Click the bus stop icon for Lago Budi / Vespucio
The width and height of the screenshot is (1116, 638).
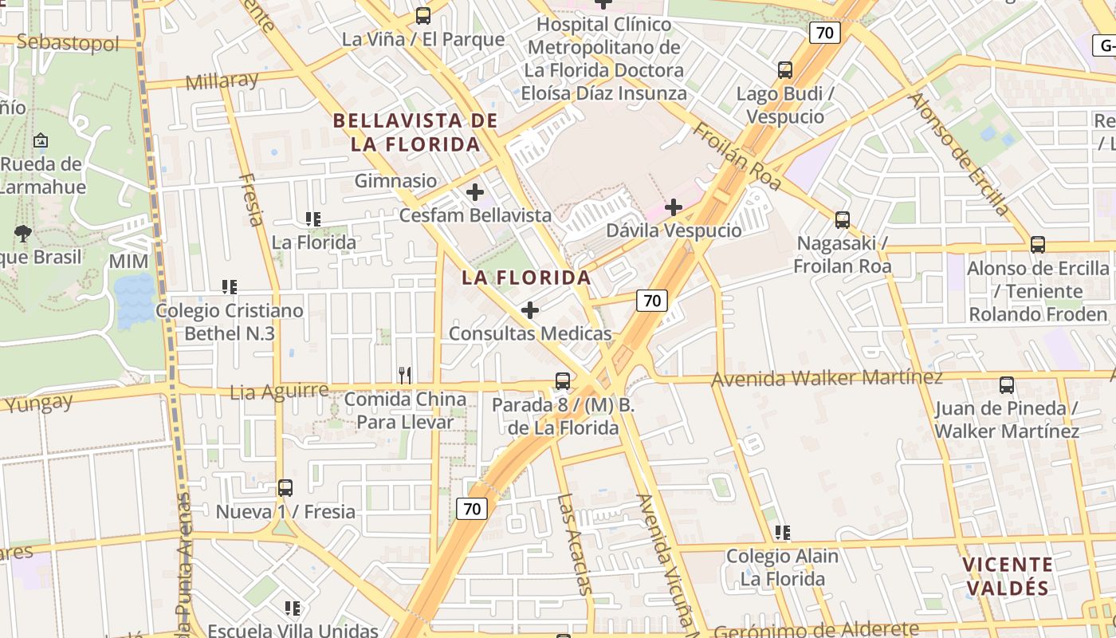pos(785,70)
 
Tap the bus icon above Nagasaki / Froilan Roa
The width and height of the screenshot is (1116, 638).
pos(842,220)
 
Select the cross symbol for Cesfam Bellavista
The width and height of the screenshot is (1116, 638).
pos(475,192)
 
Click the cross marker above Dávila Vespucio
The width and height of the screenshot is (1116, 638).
pos(674,208)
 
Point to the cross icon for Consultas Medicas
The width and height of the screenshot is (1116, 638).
pos(530,310)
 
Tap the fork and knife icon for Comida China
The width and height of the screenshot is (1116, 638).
pos(405,375)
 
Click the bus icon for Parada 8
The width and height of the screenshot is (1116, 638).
pos(563,381)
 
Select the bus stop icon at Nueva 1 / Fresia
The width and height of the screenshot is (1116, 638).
pos(285,488)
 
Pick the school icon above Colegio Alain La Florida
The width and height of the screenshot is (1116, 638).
pos(782,533)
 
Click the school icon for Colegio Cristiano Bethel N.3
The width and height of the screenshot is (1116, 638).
pos(230,287)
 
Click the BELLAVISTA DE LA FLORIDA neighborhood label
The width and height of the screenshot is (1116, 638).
pos(415,132)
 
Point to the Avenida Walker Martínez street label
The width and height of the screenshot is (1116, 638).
pos(827,378)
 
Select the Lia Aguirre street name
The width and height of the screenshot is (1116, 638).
pos(279,392)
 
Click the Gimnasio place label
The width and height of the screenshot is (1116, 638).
pos(395,181)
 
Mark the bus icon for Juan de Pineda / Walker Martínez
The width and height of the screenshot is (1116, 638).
pos(1006,385)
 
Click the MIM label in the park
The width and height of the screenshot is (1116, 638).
pos(129,262)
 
